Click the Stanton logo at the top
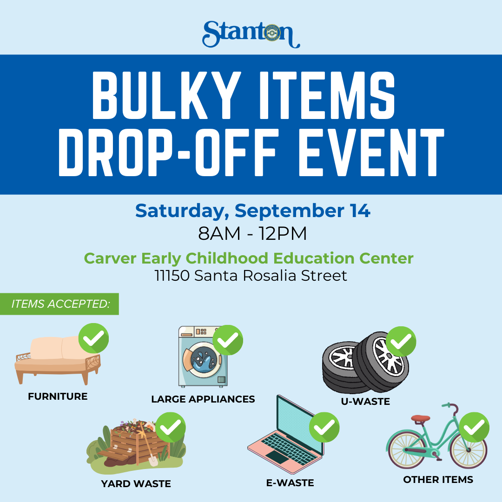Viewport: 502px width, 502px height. coord(251,34)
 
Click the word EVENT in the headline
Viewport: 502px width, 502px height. coord(371,152)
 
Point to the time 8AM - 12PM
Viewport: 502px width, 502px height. coord(252,233)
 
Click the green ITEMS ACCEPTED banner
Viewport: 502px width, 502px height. coord(59,304)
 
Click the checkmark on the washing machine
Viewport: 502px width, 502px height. coord(228,340)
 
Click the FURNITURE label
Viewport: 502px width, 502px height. coord(58,396)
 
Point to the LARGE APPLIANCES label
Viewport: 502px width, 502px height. coord(203,399)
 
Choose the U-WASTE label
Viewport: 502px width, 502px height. coord(365,402)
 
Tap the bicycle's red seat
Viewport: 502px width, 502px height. coord(420,418)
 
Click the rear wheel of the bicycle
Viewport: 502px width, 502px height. coord(407,450)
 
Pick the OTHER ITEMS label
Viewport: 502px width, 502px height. coord(438,480)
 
